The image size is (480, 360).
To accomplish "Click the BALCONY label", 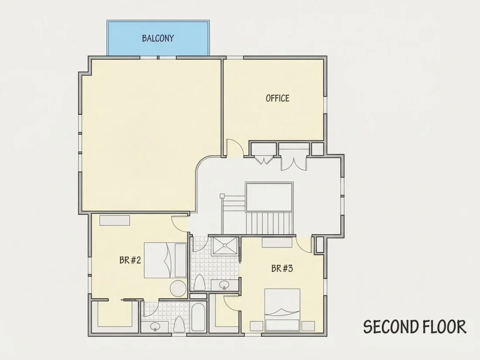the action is click(x=158, y=38).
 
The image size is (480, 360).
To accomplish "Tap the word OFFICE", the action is click(x=278, y=98).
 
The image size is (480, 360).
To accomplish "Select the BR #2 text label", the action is click(x=130, y=261).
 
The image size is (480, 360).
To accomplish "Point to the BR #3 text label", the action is click(x=282, y=268).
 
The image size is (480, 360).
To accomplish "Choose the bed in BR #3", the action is click(x=282, y=310).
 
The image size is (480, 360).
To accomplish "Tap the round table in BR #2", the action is click(x=178, y=288).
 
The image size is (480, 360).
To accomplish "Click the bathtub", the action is click(x=198, y=317).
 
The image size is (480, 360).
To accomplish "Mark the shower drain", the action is click(x=225, y=245).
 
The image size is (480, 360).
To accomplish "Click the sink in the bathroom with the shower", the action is click(x=224, y=285).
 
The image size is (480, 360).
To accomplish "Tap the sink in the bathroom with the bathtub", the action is click(x=155, y=327).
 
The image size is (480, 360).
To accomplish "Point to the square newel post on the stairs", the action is click(x=222, y=196).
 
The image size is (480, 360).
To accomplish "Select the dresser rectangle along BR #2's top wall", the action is click(x=114, y=220).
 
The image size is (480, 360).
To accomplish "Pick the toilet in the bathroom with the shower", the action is click(x=199, y=283).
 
